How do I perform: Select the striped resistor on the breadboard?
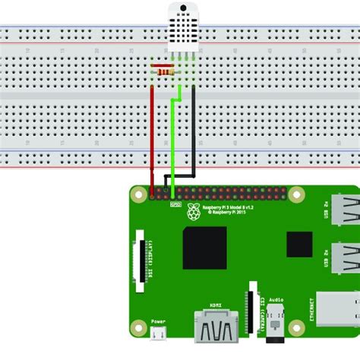pyautogui.click(x=163, y=71)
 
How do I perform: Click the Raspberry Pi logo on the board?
pyautogui.click(x=194, y=211)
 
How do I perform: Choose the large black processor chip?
pyautogui.click(x=205, y=247)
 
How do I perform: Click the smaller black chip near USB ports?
pyautogui.click(x=298, y=244)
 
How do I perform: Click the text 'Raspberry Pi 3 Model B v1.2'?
pyautogui.click(x=227, y=207)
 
